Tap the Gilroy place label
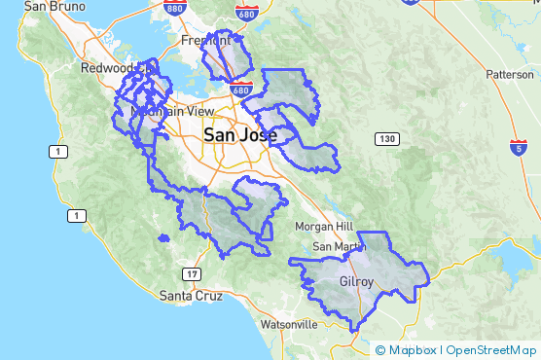point(356,282)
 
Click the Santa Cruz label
point(188,295)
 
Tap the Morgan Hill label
point(323,227)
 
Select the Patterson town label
point(510,74)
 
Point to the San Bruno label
point(48,6)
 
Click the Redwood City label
point(109,69)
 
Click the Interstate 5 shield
point(521,146)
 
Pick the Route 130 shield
point(388,140)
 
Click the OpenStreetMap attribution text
point(490,350)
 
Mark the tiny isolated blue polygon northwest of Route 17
point(163,238)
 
